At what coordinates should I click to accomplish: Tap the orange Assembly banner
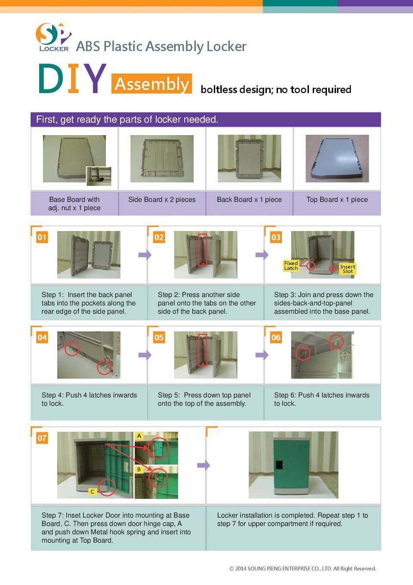tap(151, 84)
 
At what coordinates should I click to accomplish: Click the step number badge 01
tap(42, 237)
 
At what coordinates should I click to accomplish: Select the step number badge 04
tap(42, 337)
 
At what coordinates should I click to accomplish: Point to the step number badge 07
tap(42, 438)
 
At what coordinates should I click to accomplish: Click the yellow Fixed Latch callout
tap(291, 266)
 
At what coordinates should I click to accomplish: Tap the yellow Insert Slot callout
tap(348, 269)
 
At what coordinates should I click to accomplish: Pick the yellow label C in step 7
tap(92, 492)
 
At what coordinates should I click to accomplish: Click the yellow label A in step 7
tap(139, 436)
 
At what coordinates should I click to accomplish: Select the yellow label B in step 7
tap(139, 470)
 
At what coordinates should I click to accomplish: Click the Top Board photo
tap(337, 158)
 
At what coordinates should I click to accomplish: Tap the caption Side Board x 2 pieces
tap(162, 200)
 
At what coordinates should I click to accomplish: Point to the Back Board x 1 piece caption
tap(249, 200)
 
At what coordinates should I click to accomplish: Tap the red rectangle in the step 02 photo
tap(203, 250)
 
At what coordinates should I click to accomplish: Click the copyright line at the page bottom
tap(302, 569)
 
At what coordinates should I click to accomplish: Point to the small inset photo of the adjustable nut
tap(99, 176)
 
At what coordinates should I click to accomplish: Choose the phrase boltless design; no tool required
tap(276, 90)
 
